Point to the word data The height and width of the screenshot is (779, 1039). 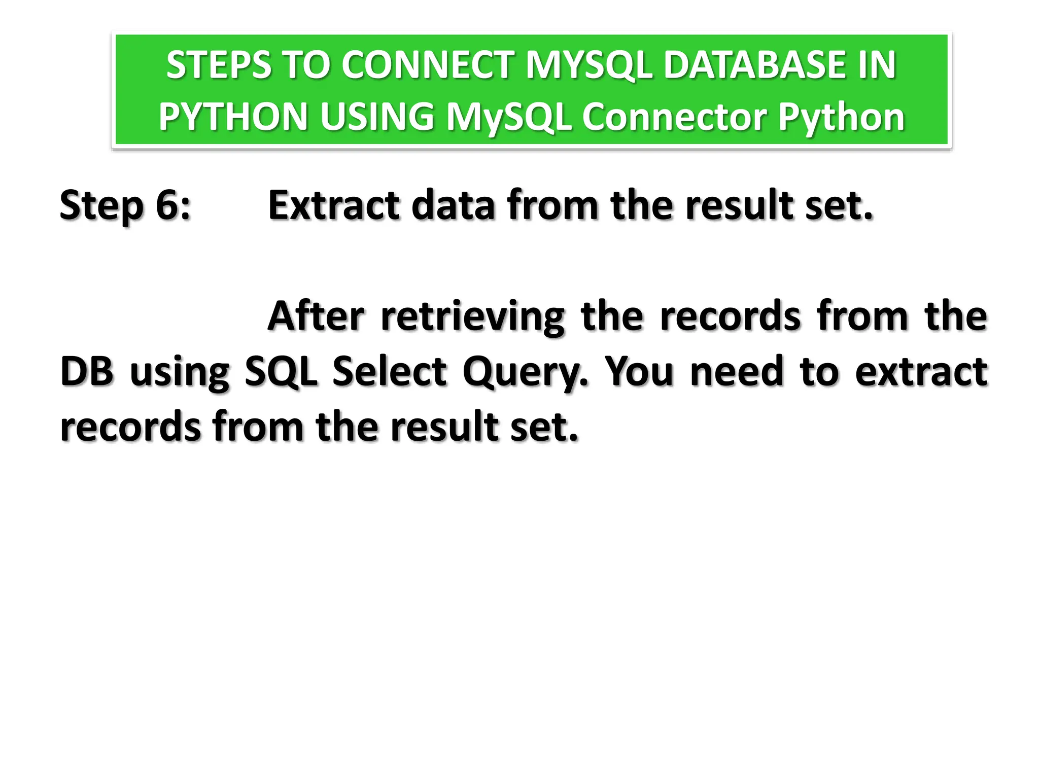coord(453,205)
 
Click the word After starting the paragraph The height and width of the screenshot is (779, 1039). coord(316,316)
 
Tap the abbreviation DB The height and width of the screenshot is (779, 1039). coord(86,372)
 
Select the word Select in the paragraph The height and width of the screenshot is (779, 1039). coord(390,372)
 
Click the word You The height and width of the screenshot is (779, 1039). coord(640,372)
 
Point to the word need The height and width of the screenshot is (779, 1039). coord(737,372)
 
